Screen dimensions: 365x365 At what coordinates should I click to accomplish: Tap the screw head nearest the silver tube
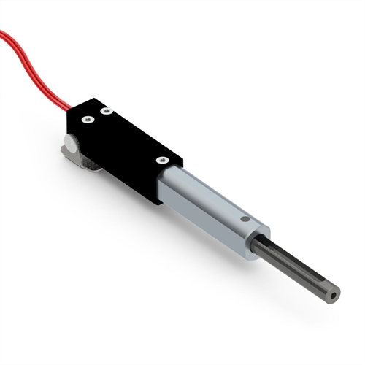pyautogui.click(x=161, y=159)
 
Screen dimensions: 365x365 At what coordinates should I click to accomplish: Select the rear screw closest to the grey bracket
pyautogui.click(x=87, y=120)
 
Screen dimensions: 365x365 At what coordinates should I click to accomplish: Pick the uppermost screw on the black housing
pyautogui.click(x=106, y=111)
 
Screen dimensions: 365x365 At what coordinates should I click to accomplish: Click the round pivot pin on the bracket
pyautogui.click(x=69, y=141)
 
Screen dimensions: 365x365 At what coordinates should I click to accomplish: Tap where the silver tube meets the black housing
pyautogui.click(x=165, y=179)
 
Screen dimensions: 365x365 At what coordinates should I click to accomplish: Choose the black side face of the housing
pyautogui.click(x=117, y=164)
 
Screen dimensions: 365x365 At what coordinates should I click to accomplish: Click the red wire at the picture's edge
pyautogui.click(x=2, y=34)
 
